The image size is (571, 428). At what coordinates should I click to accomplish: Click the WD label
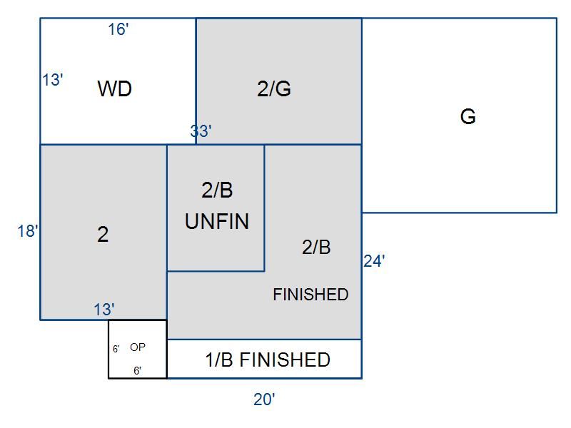click(x=114, y=89)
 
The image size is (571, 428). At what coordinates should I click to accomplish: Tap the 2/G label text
click(x=273, y=89)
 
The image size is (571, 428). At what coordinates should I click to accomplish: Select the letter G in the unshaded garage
click(x=468, y=116)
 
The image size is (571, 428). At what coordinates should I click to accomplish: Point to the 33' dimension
click(x=201, y=131)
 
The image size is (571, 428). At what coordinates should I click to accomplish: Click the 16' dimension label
click(x=118, y=29)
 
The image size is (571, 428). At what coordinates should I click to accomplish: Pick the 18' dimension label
click(x=28, y=231)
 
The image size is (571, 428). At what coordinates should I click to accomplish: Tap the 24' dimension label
click(x=374, y=262)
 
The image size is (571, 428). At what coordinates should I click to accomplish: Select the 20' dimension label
click(x=264, y=400)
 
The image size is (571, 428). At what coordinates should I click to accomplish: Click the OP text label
click(x=138, y=347)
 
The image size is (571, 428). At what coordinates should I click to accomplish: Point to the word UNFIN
click(x=217, y=222)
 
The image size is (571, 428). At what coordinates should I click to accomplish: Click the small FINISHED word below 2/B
click(x=310, y=295)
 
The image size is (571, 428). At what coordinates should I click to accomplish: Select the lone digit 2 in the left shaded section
click(x=103, y=235)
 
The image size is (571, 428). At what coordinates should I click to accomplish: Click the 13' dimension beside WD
click(x=52, y=80)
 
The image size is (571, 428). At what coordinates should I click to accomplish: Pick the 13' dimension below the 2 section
click(x=103, y=310)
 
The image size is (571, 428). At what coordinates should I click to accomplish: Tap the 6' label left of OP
click(x=116, y=350)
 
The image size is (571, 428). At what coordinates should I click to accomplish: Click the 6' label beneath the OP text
click(x=137, y=371)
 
